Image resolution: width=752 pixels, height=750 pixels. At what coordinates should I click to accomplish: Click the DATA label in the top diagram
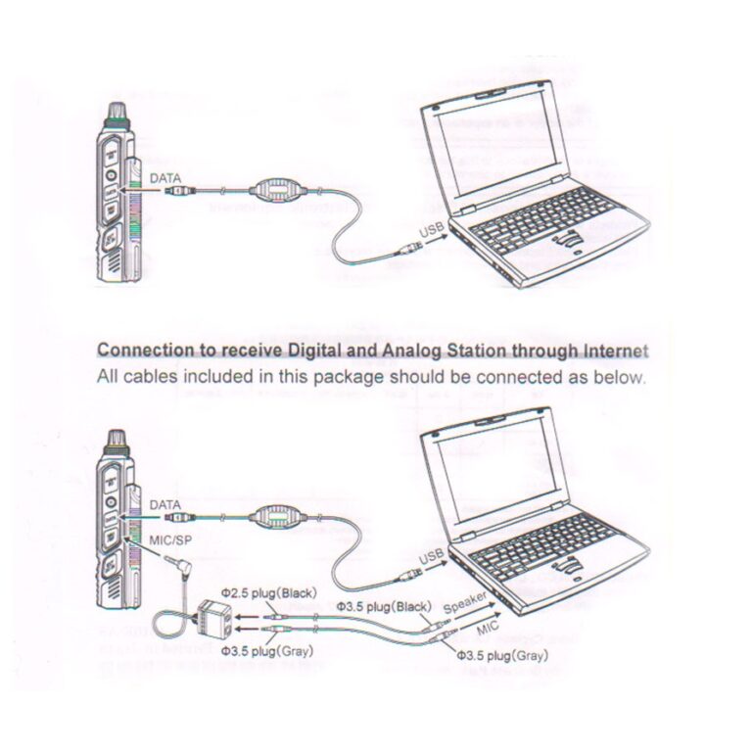164,179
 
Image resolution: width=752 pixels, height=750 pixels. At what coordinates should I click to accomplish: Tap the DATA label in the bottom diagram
164,505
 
